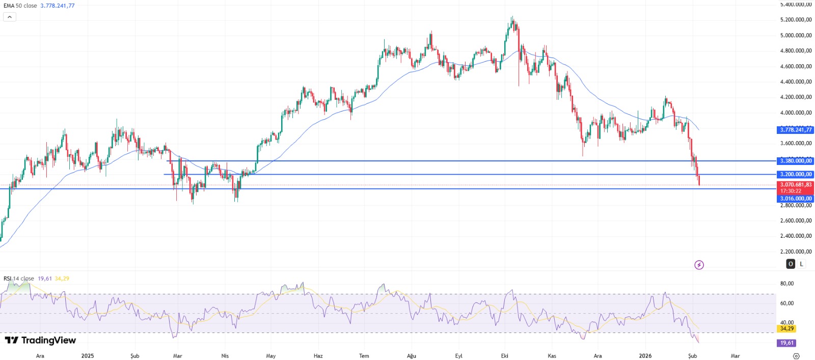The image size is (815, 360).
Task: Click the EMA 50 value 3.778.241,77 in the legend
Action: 58,6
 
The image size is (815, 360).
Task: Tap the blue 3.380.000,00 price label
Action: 796,161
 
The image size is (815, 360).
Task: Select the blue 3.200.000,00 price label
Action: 796,174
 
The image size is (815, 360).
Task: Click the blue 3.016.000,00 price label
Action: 796,199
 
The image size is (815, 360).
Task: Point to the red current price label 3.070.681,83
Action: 796,185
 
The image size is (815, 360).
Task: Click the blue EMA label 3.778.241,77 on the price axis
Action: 796,130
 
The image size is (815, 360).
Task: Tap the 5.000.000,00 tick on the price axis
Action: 796,35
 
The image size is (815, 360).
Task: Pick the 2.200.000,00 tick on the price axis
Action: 796,252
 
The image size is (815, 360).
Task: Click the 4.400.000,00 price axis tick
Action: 796,81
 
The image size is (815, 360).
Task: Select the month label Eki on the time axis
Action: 504,356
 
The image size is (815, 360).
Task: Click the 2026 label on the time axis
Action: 645,356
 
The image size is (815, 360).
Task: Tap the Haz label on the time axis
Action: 318,356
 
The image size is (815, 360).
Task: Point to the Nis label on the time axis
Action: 225,356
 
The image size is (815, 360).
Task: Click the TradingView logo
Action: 40,340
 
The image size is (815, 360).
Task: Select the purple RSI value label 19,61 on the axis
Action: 787,343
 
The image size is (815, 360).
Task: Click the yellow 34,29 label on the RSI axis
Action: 787,329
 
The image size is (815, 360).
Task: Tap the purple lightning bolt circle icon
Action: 699,265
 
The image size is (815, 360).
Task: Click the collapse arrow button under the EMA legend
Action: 10,17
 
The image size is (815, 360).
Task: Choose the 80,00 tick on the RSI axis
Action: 787,284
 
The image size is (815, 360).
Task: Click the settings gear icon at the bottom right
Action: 796,356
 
